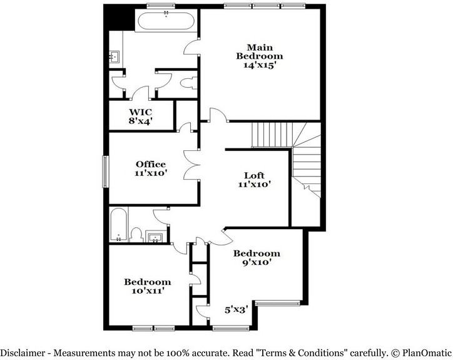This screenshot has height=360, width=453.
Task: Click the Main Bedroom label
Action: pyautogui.click(x=260, y=51)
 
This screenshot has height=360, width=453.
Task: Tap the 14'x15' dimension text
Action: pyautogui.click(x=258, y=65)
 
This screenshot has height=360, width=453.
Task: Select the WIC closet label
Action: pyautogui.click(x=140, y=111)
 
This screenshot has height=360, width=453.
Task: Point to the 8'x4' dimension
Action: pyautogui.click(x=140, y=121)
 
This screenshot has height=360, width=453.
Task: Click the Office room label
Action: pyautogui.click(x=151, y=164)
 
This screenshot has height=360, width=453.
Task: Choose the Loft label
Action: pyautogui.click(x=254, y=175)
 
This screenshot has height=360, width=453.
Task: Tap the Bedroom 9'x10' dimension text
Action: pyautogui.click(x=257, y=262)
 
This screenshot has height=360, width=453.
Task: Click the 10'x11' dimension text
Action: pyautogui.click(x=148, y=291)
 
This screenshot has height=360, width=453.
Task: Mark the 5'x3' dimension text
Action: pyautogui.click(x=237, y=310)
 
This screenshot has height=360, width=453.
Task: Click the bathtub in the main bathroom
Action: pyautogui.click(x=166, y=20)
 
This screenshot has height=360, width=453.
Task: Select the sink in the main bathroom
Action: pyautogui.click(x=115, y=57)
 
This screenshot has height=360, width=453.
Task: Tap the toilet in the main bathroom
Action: pyautogui.click(x=189, y=83)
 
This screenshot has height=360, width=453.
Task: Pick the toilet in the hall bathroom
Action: pyautogui.click(x=136, y=235)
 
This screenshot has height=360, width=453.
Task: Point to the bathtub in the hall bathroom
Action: pyautogui.click(x=118, y=224)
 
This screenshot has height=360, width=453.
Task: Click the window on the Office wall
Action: pyautogui.click(x=106, y=172)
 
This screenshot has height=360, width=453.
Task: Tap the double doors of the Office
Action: pyautogui.click(x=192, y=165)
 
